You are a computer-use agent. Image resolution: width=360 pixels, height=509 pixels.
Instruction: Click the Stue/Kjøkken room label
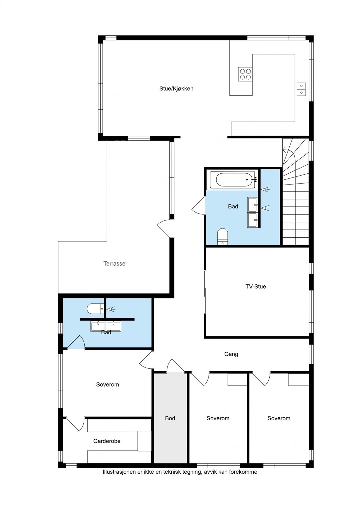click(x=176, y=89)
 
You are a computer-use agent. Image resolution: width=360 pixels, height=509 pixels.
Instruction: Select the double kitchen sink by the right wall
click(x=301, y=89)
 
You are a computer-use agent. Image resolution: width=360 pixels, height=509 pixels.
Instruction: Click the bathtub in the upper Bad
click(x=236, y=180)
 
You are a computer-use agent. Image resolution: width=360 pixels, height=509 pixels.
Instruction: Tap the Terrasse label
click(x=114, y=264)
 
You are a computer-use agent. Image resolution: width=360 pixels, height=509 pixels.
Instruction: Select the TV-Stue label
click(x=256, y=287)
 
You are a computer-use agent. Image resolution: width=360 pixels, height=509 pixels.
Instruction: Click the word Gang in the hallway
click(x=231, y=354)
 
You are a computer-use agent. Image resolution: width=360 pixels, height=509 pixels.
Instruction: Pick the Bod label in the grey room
click(x=170, y=418)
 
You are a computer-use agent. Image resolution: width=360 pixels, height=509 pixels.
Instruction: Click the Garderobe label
click(x=107, y=441)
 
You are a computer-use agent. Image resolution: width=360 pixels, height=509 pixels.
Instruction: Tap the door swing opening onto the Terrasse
click(x=165, y=228)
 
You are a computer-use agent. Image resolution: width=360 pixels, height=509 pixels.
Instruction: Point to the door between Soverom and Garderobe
click(x=76, y=425)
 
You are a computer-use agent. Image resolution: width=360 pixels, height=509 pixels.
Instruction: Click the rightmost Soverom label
click(x=279, y=418)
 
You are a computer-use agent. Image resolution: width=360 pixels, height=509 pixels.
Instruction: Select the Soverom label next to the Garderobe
click(x=108, y=385)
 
